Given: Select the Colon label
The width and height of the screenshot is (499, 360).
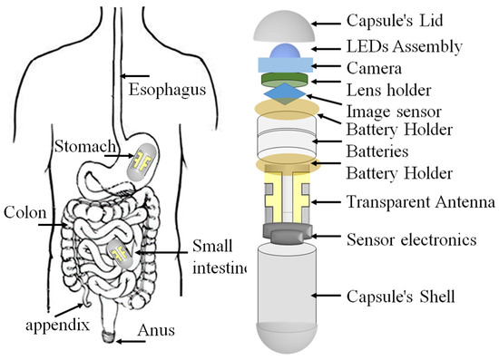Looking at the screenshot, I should click(x=20, y=214).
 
